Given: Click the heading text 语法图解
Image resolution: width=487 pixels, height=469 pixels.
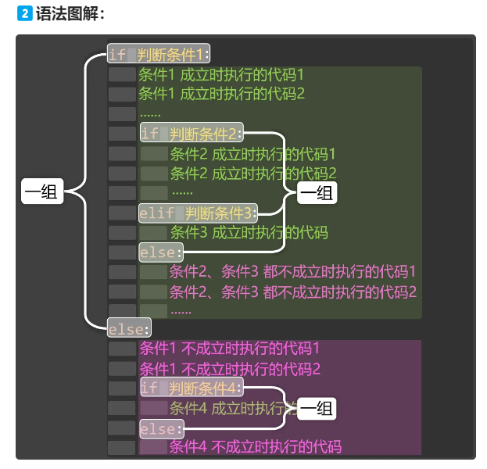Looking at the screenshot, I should click(x=69, y=14).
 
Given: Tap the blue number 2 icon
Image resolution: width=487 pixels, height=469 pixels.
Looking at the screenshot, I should click(x=24, y=14).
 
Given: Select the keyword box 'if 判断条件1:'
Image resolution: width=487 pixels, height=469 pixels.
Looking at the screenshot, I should click(x=159, y=55).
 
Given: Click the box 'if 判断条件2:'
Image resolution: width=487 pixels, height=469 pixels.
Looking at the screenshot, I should click(x=192, y=133).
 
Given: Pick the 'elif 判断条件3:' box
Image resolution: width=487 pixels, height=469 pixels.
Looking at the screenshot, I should click(x=198, y=213).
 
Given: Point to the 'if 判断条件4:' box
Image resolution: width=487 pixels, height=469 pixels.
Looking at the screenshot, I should click(x=192, y=388).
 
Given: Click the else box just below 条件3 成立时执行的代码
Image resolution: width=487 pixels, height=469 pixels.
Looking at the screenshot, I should click(x=161, y=252).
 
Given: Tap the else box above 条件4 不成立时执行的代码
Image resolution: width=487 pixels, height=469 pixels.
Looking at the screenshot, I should click(x=161, y=429).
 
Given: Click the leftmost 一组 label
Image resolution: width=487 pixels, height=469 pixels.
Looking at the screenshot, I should click(x=41, y=192).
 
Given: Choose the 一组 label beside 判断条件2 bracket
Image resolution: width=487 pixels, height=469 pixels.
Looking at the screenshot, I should click(x=317, y=192).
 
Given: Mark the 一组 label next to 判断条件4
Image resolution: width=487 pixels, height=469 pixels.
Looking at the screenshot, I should click(x=317, y=408).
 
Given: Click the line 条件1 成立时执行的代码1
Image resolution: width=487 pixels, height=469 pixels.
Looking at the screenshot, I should click(x=221, y=75).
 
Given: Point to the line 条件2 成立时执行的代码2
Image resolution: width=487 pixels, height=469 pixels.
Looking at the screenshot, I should click(x=252, y=173).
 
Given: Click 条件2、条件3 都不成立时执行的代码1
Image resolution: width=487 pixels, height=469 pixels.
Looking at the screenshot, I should click(x=292, y=272).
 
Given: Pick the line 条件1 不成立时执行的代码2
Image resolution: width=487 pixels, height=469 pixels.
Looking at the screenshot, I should click(x=230, y=368).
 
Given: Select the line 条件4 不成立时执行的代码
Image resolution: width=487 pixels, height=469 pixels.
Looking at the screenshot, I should click(x=256, y=448).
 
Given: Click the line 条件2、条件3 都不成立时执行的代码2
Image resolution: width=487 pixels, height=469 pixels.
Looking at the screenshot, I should click(x=292, y=292).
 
